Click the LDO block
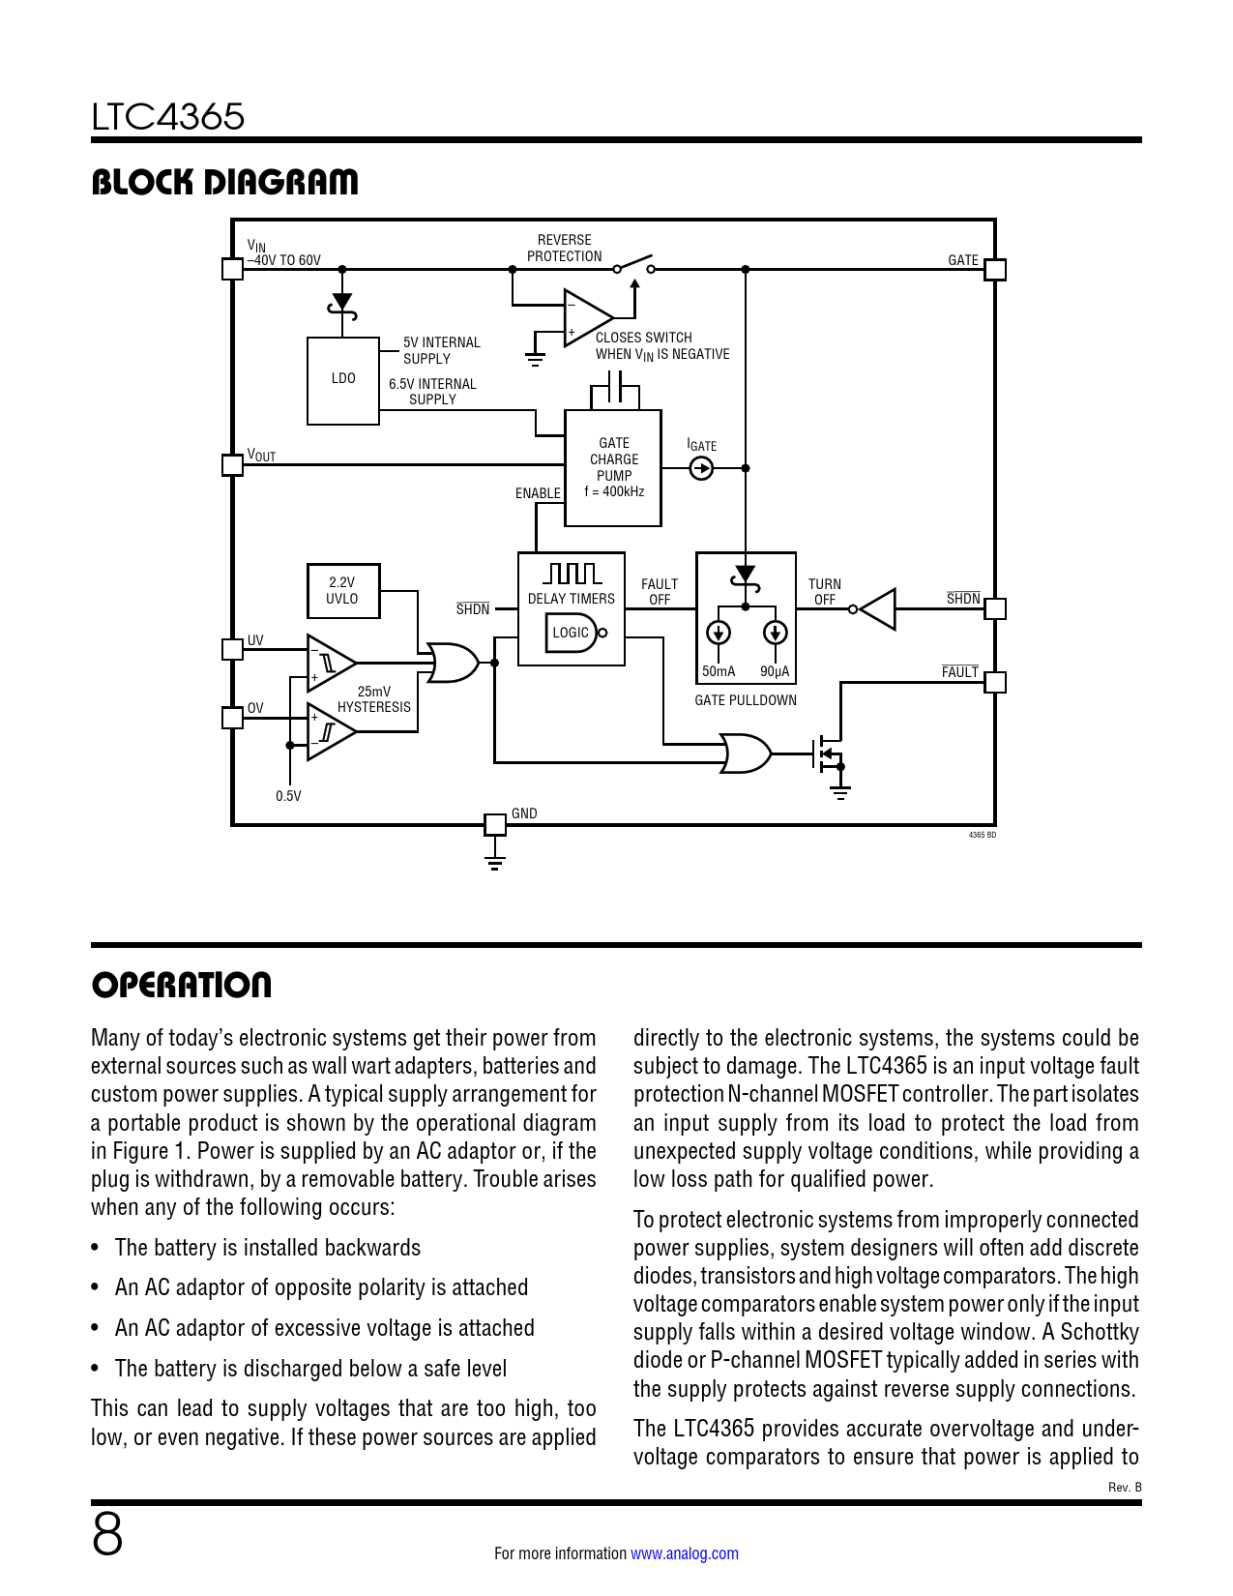click(x=342, y=381)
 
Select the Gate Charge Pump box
click(x=613, y=468)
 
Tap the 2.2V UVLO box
click(x=342, y=590)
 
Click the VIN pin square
click(x=232, y=269)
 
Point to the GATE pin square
click(x=995, y=269)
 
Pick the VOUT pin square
click(x=232, y=465)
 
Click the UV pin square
click(x=232, y=649)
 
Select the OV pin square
click(x=232, y=718)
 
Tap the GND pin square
click(x=495, y=825)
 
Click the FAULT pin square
click(x=995, y=682)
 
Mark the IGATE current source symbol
click(x=701, y=468)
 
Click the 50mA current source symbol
click(x=718, y=633)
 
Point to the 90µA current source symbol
click(x=775, y=633)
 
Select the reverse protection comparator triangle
click(x=587, y=317)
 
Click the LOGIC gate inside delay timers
click(x=573, y=633)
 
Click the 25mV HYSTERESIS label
click(x=374, y=699)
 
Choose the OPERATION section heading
click(x=182, y=985)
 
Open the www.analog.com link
click(x=685, y=1553)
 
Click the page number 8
click(x=107, y=1534)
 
